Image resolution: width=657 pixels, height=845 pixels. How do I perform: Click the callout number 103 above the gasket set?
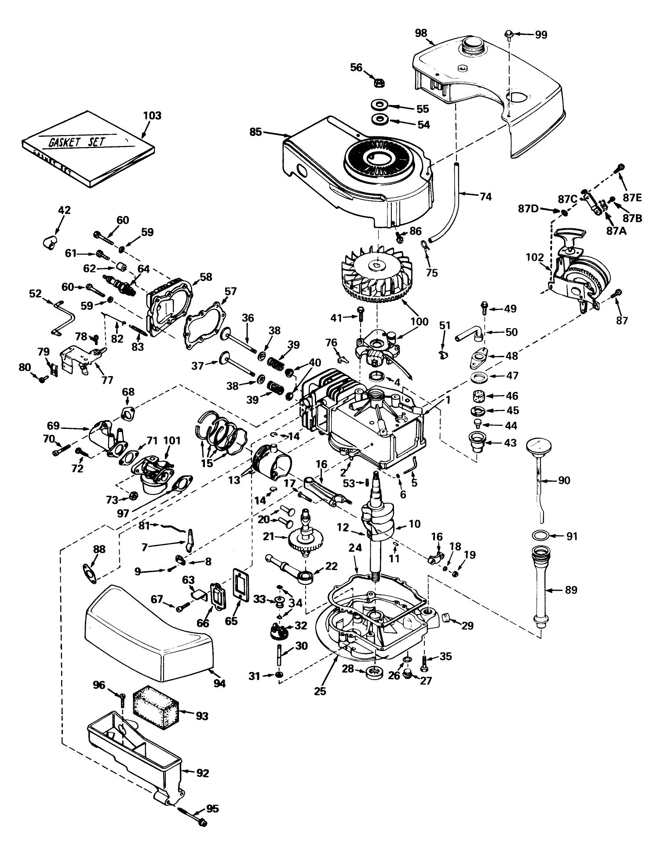[x=152, y=116]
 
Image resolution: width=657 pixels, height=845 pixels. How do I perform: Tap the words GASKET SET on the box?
[x=77, y=141]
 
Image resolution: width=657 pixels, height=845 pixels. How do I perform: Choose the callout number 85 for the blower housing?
[x=255, y=132]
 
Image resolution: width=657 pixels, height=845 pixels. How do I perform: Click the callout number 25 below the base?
[x=320, y=691]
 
